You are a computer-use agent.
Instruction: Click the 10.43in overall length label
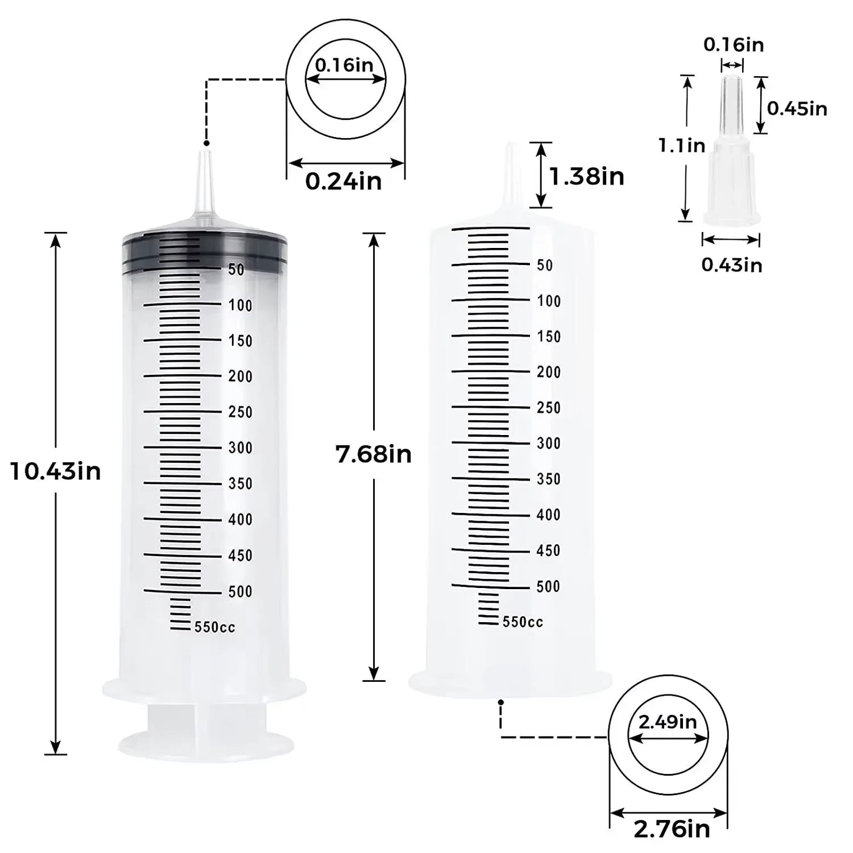click(x=55, y=471)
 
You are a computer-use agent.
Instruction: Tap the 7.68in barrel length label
click(x=373, y=455)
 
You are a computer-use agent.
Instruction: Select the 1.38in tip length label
click(x=586, y=177)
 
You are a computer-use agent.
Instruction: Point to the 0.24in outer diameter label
click(x=344, y=181)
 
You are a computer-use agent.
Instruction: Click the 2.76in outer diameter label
click(x=672, y=829)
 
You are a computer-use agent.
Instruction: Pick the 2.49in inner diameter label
click(x=668, y=721)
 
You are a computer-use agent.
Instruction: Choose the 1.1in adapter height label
click(x=682, y=145)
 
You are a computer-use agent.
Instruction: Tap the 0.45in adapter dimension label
click(x=797, y=109)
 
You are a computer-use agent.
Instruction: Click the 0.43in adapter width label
click(x=731, y=265)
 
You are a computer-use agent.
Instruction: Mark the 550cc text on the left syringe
click(x=215, y=627)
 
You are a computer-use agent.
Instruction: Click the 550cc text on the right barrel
click(x=523, y=622)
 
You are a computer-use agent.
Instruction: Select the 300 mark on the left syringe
click(x=240, y=448)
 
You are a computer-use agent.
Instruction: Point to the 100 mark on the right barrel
click(x=548, y=301)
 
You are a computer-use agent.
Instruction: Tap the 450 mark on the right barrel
click(x=548, y=551)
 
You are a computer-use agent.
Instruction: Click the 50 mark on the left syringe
click(x=236, y=270)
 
